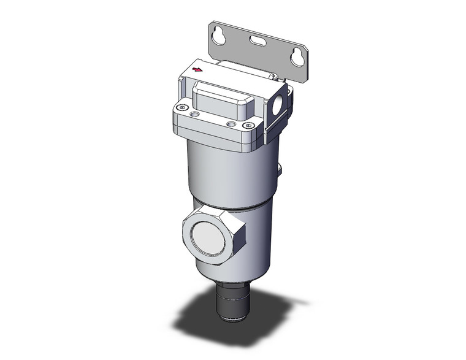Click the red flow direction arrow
197,69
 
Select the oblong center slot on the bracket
257,43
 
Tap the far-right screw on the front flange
248,126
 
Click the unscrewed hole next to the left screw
195,114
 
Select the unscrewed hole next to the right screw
231,124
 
